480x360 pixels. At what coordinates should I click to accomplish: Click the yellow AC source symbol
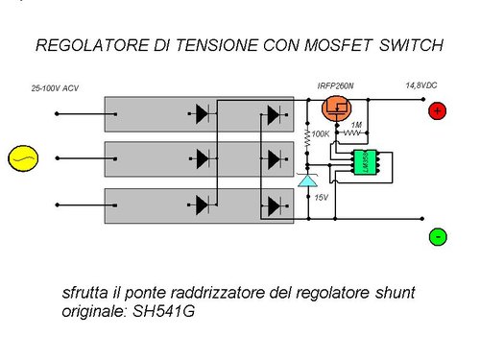(x=18, y=156)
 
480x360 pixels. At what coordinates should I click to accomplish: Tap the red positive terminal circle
(x=437, y=111)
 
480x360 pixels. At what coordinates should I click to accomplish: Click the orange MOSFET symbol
(x=337, y=108)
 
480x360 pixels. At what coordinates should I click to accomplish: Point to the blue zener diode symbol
(x=306, y=180)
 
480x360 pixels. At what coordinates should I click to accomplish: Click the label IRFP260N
(x=336, y=86)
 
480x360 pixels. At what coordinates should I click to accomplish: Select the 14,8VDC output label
(x=421, y=85)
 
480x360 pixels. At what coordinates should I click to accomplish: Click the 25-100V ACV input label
(x=55, y=88)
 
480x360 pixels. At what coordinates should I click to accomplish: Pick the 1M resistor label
(x=357, y=126)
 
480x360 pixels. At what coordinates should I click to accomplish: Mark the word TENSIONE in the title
(x=210, y=45)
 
